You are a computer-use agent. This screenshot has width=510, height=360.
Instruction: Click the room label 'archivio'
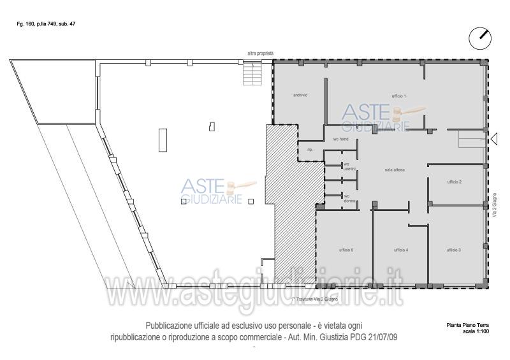point(300,96)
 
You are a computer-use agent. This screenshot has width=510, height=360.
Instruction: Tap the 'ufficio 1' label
point(398,96)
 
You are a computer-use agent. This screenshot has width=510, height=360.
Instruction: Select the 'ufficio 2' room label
point(454,182)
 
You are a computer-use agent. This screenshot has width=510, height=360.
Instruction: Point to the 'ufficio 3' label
point(454,250)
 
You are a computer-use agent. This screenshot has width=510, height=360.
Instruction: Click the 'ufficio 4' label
point(400,250)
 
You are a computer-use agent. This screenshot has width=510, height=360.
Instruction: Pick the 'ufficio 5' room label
point(346,250)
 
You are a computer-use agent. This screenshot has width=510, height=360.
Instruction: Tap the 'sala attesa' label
point(395,170)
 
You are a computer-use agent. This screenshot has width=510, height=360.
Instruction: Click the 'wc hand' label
point(340,138)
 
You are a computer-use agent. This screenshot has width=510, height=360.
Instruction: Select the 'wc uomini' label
point(349,166)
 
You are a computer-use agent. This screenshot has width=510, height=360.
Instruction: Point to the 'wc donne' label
point(349,199)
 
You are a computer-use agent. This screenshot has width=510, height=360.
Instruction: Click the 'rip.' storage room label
point(310,150)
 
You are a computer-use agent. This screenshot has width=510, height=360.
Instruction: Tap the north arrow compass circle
point(480,38)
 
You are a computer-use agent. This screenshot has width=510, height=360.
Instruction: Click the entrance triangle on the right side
point(494,137)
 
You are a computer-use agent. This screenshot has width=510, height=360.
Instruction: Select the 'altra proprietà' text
point(261,54)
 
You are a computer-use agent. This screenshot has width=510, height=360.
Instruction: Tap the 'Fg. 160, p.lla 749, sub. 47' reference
point(46,24)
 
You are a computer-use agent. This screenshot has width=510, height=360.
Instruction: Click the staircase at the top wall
point(252,74)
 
